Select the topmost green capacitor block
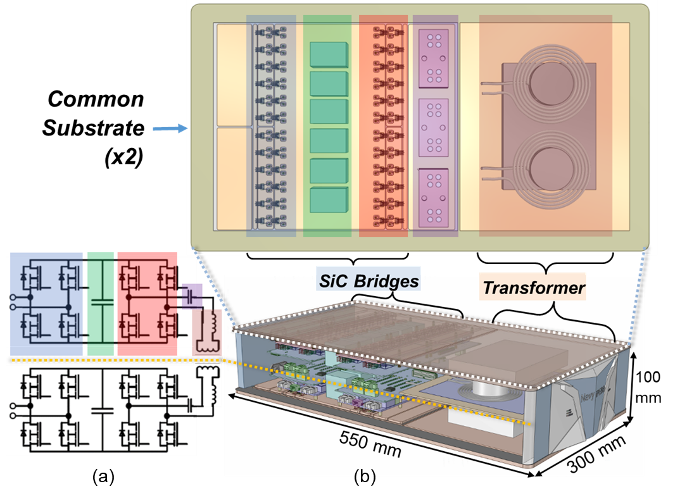[329, 54]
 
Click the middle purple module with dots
[434, 127]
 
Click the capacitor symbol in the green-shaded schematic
[101, 302]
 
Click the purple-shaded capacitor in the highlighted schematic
[191, 294]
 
